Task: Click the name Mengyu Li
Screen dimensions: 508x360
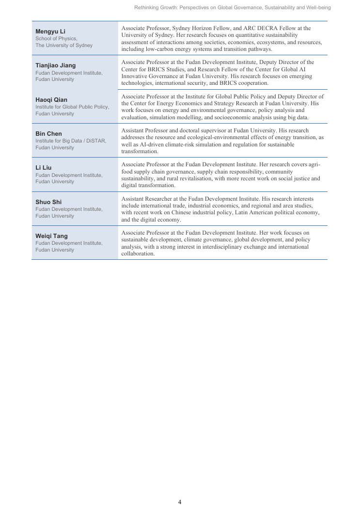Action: (x=50, y=32)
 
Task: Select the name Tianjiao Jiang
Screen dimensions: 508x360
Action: (x=56, y=65)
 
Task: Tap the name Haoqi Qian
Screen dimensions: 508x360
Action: (x=51, y=100)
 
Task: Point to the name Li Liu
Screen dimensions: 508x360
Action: (x=44, y=168)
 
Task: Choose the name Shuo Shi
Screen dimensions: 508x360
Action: (x=48, y=202)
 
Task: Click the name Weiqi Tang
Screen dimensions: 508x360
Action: (x=51, y=236)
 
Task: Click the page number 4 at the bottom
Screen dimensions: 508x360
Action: (x=180, y=502)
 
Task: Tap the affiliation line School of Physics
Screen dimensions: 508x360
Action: (x=56, y=38)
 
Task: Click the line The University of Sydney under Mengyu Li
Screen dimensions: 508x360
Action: (x=64, y=45)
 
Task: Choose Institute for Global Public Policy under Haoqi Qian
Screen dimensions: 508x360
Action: (x=72, y=107)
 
